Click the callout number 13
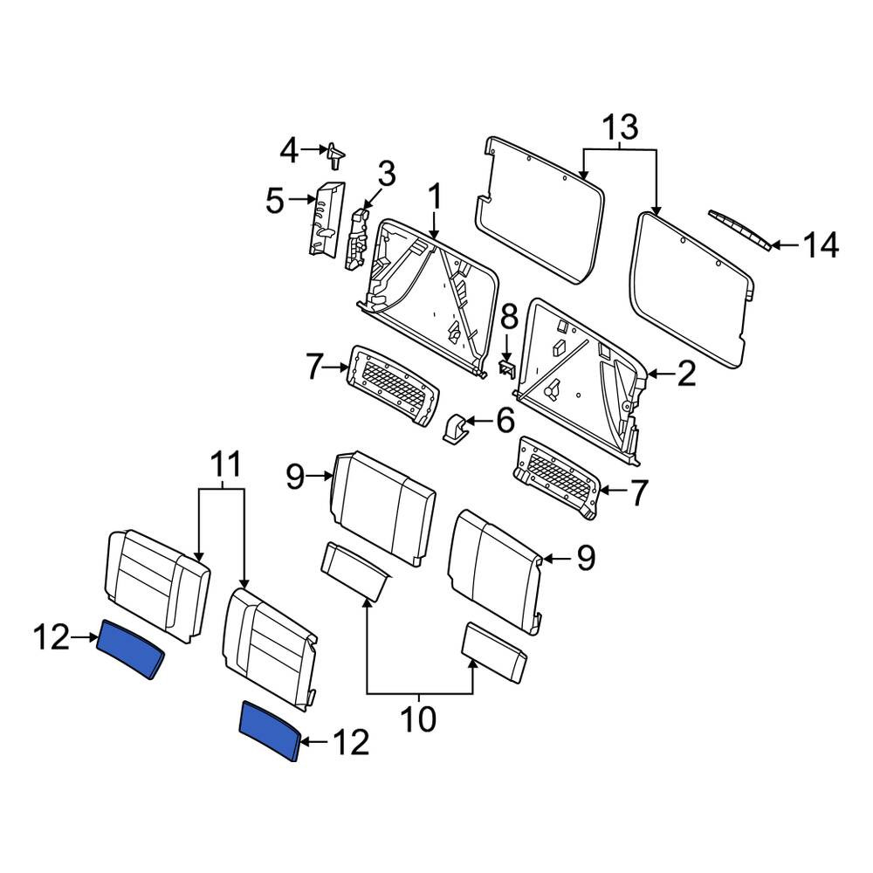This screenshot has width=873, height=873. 621,127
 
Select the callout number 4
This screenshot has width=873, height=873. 288,150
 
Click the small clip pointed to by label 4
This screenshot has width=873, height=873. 334,155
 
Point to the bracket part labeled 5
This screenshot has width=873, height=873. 327,219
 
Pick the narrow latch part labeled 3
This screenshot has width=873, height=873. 357,239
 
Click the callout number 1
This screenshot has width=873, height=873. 435,197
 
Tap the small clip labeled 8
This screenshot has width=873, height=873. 505,368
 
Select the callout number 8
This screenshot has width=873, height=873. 509,320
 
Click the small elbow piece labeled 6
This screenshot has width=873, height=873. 455,428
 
